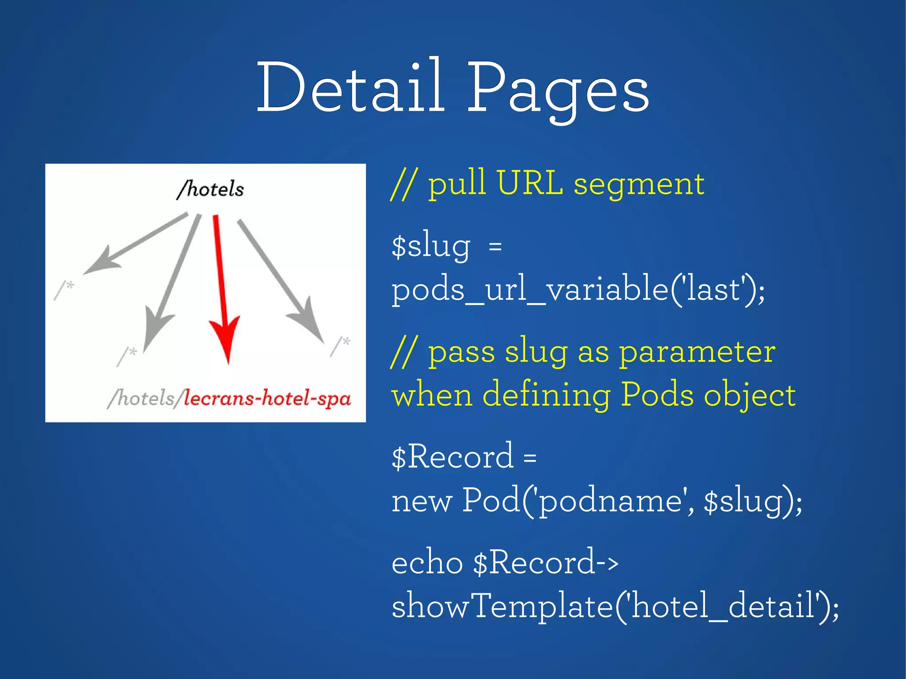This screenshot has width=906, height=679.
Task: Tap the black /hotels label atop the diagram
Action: pos(211,189)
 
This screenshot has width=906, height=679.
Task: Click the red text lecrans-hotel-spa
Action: pos(267,398)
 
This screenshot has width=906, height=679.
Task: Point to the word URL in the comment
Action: pos(529,183)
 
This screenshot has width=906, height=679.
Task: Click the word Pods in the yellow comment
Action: pos(656,395)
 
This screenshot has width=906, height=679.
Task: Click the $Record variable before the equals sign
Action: pos(453,457)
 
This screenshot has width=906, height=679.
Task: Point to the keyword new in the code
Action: pos(422,502)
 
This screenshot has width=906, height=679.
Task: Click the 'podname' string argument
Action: pos(609,502)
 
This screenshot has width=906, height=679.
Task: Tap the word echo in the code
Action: pos(427,563)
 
